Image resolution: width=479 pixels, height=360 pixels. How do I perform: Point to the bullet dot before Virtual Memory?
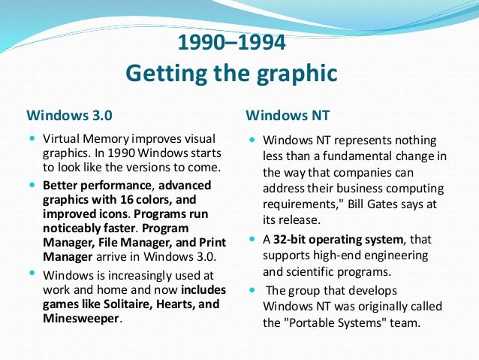coord(32,139)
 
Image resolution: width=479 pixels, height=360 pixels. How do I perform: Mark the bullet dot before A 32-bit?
coord(252,240)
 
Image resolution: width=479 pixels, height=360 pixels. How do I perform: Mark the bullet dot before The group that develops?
coord(252,289)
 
